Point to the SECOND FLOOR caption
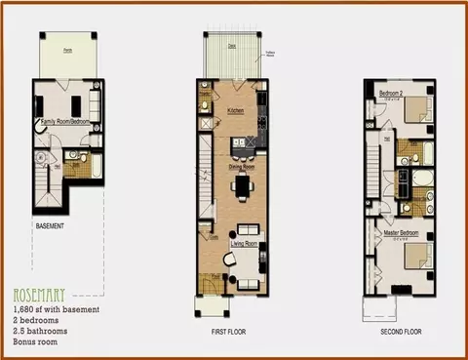[x=400, y=331]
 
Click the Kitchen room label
[x=236, y=111]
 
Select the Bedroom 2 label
[x=392, y=93]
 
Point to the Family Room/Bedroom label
[x=61, y=121]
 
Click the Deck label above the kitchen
[x=231, y=43]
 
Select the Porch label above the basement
[x=68, y=50]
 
